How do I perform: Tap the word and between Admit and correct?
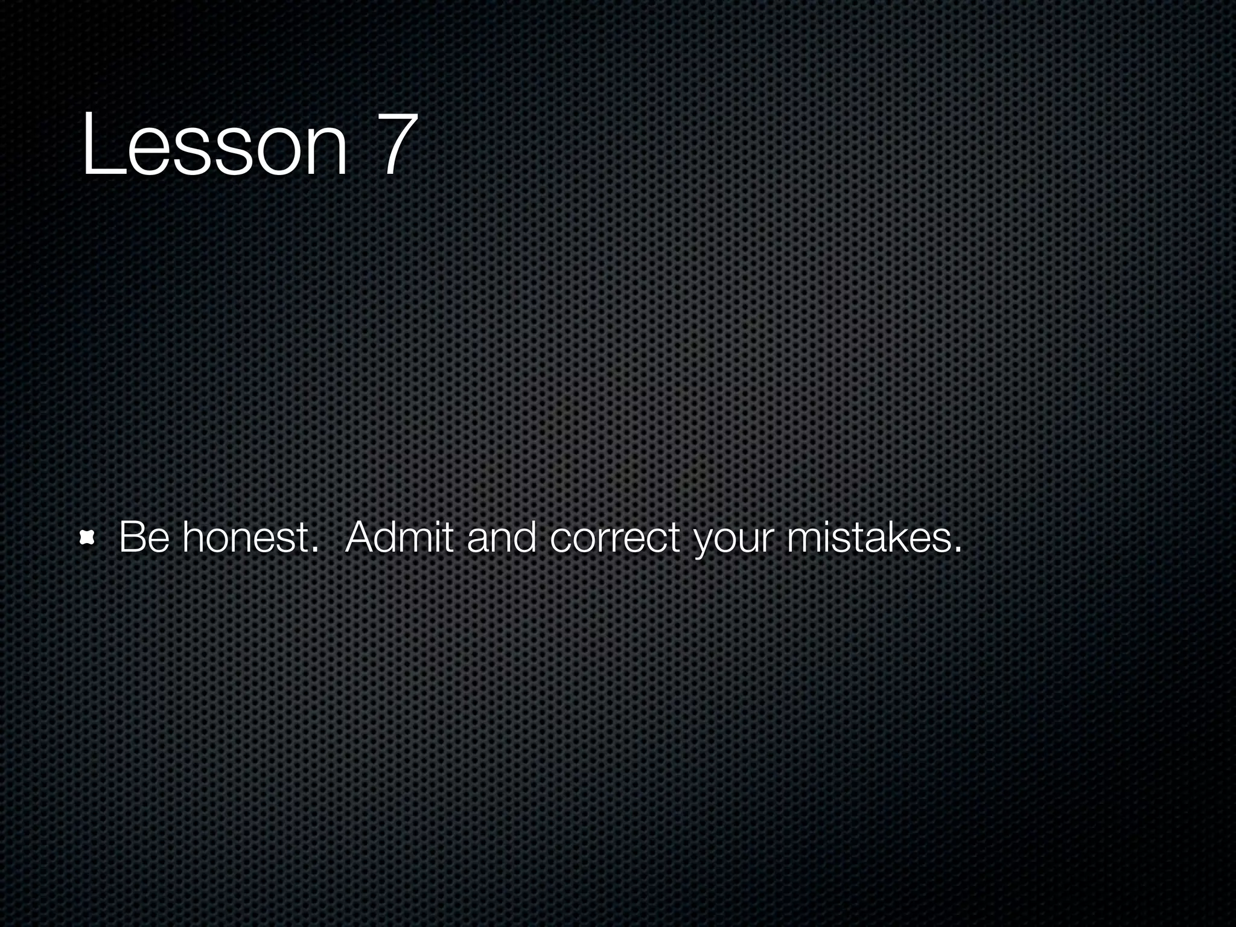tap(502, 537)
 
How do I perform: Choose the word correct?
tap(615, 537)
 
